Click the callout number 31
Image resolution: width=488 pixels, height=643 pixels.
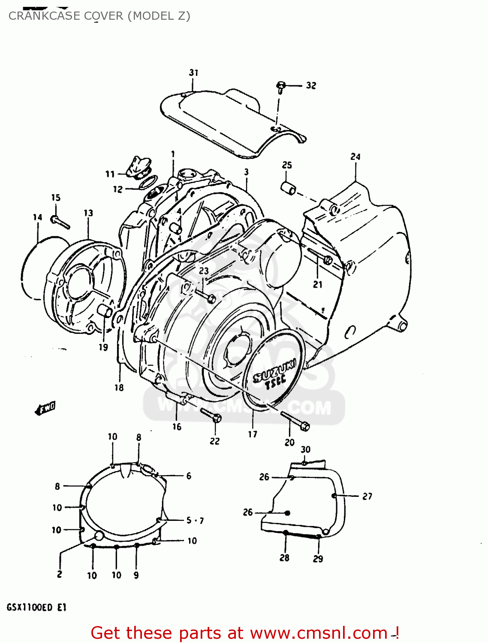[x=194, y=72]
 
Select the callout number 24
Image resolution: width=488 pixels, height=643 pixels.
[x=355, y=157]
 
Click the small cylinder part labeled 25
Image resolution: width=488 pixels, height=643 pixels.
[x=289, y=187]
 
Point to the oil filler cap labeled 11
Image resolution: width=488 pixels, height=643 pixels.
[x=138, y=168]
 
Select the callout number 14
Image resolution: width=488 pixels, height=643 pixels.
[x=38, y=217]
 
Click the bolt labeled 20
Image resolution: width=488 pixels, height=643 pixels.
[x=296, y=421]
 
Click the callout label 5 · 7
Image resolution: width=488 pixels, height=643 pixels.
[x=195, y=520]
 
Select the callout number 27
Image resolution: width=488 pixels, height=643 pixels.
[x=368, y=496]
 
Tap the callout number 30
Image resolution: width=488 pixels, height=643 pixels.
[x=305, y=449]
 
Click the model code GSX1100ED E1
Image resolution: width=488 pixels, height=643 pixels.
[x=36, y=607]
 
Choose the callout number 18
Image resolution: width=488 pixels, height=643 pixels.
[x=119, y=388]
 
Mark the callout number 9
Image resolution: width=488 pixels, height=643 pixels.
[x=136, y=575]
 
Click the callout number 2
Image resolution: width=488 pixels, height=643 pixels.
[x=59, y=574]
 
